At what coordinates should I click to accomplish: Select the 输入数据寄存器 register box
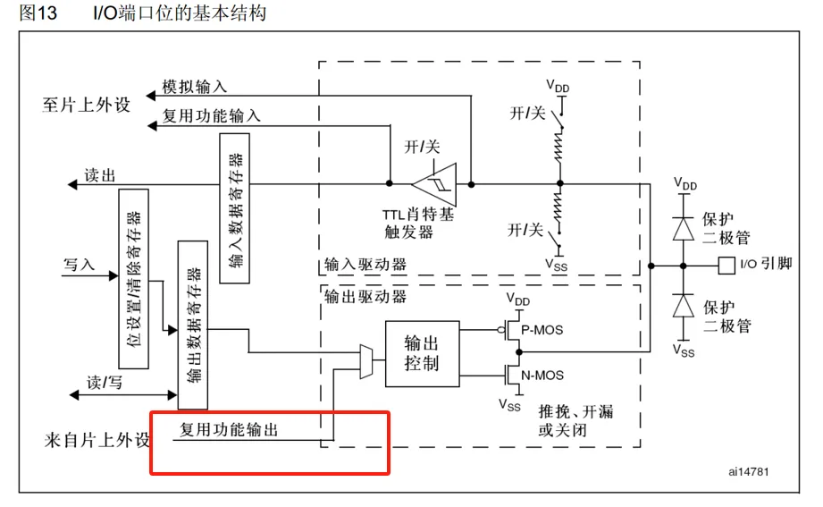[234, 208]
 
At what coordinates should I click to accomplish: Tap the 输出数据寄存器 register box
[193, 325]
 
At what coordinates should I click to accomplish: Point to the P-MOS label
[542, 330]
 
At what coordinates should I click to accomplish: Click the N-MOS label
[542, 376]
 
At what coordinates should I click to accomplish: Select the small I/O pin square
[725, 265]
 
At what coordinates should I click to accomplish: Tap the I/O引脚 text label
[763, 265]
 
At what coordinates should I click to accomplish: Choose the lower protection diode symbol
[685, 307]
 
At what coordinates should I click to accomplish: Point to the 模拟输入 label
[195, 88]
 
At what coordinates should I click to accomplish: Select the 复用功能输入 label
[212, 116]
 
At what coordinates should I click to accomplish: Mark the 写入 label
[79, 265]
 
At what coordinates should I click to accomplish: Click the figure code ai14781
[748, 470]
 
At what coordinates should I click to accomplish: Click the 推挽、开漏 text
[575, 412]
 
